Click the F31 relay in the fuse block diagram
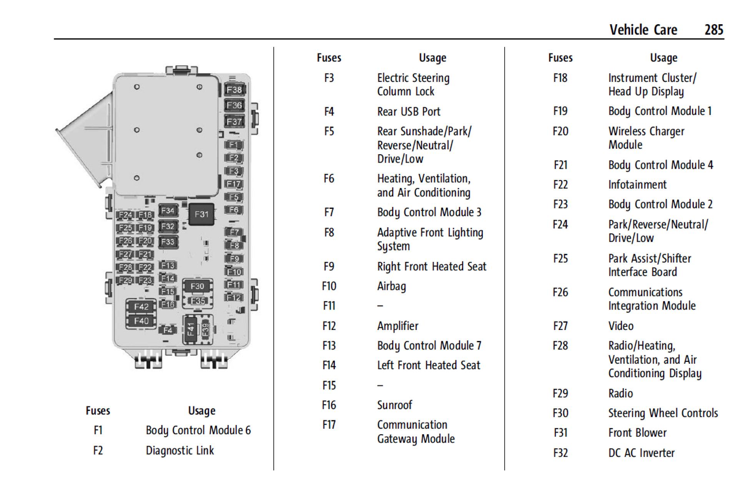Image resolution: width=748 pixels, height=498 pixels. [x=201, y=214]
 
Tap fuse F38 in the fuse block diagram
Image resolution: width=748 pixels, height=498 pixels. [x=234, y=90]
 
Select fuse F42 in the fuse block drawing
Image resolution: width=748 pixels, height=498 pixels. [x=141, y=306]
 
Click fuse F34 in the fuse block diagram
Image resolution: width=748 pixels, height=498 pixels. [x=168, y=210]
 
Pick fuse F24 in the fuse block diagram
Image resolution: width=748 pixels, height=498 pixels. [x=125, y=215]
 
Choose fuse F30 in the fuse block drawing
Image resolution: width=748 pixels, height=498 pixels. [x=197, y=286]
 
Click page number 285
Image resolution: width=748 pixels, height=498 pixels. [x=713, y=30]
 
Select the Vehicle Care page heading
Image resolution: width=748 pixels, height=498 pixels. [x=643, y=30]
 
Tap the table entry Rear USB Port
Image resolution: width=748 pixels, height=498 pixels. [x=409, y=112]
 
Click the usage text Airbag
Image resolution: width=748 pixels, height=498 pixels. [x=391, y=286]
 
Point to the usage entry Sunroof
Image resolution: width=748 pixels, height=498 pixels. [x=394, y=405]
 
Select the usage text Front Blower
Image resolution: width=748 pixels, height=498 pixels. [x=637, y=433]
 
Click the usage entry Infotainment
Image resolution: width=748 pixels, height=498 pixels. [x=637, y=185]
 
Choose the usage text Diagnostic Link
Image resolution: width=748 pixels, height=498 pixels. [x=180, y=450]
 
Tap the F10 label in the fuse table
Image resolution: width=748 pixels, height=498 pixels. [x=329, y=286]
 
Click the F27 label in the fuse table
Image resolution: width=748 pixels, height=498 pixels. [x=560, y=326]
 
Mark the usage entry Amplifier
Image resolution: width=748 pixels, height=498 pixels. [x=397, y=326]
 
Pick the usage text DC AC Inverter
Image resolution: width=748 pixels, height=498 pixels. [x=641, y=453]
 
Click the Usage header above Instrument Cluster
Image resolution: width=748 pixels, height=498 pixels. [x=663, y=58]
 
